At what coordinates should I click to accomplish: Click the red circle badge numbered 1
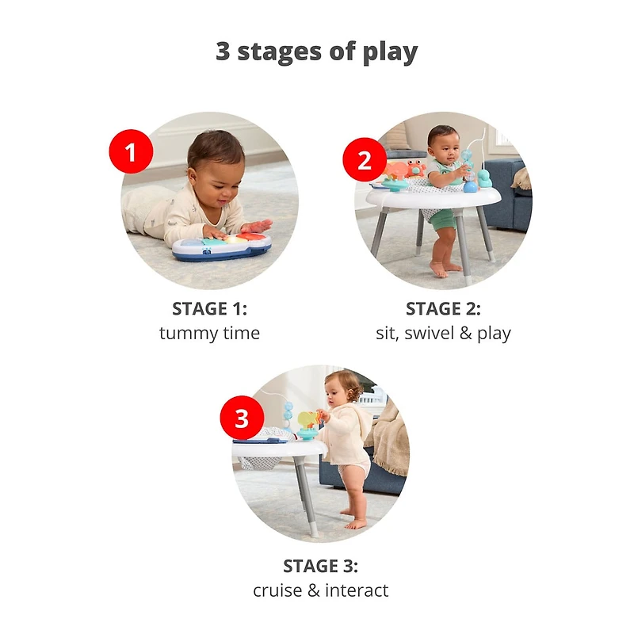[x=131, y=151]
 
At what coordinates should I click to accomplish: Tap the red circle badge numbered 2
[x=365, y=160]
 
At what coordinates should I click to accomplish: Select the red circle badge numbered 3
[x=242, y=418]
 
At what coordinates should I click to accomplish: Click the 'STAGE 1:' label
[x=209, y=309]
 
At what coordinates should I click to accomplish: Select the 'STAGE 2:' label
[x=443, y=309]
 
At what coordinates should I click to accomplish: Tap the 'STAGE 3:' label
[x=320, y=566]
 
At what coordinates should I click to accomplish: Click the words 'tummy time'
[x=209, y=334]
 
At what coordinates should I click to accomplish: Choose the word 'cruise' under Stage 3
[x=277, y=590]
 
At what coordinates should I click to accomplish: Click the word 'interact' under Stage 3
[x=357, y=590]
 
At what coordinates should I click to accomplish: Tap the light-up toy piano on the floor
[x=222, y=246]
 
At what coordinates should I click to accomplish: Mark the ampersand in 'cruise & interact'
[x=313, y=590]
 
